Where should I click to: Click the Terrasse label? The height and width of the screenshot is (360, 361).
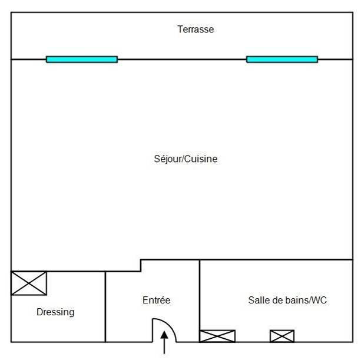[x=196, y=29]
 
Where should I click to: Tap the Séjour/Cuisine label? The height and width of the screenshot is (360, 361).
[x=186, y=158]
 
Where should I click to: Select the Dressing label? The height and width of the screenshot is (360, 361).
[x=55, y=312]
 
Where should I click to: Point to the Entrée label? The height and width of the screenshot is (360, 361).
[x=156, y=300]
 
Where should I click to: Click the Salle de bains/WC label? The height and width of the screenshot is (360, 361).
[x=287, y=300]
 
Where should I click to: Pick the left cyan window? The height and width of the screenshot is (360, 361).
[x=82, y=59]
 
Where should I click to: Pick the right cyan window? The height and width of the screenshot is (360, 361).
[x=281, y=59]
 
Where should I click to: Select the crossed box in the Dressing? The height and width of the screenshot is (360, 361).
[x=29, y=283]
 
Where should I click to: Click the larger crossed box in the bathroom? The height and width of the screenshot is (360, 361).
[x=217, y=336]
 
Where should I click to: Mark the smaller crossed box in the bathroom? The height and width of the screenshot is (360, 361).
[x=281, y=336]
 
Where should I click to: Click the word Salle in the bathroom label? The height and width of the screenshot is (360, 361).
[x=258, y=300]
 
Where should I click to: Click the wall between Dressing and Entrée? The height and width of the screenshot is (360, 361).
[x=105, y=306]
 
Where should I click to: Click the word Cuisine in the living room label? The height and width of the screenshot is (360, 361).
[x=201, y=158]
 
